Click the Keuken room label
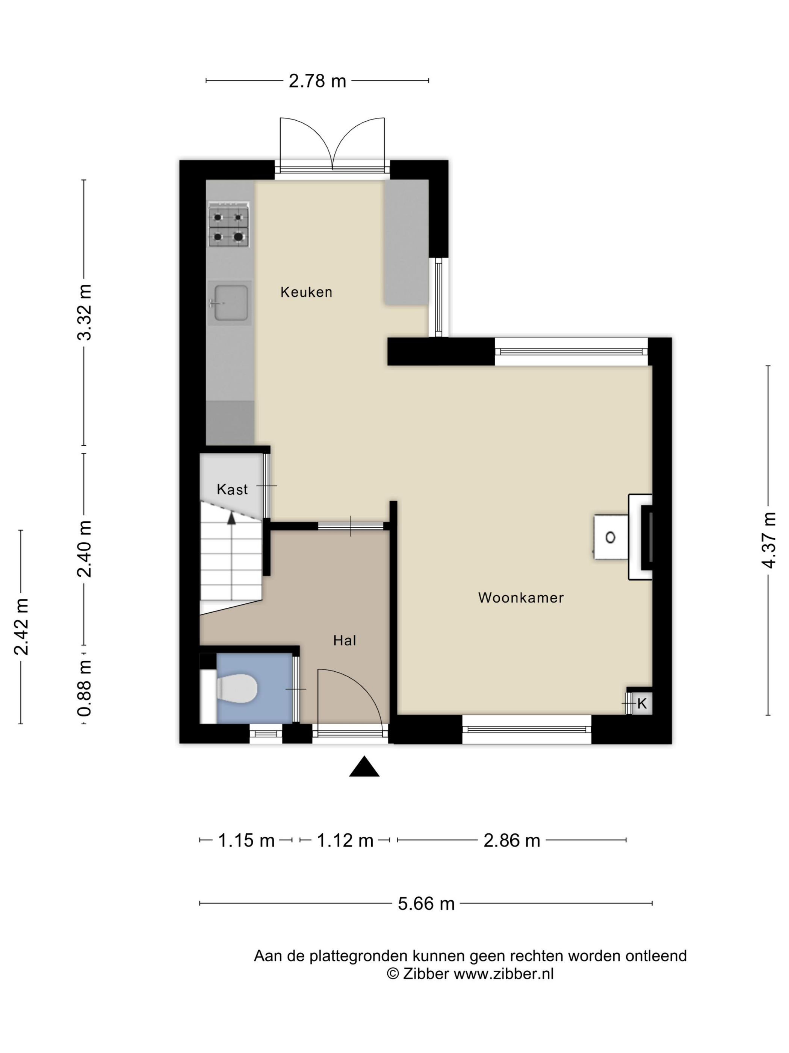[x=306, y=292]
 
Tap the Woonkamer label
[x=521, y=598]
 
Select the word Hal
[x=344, y=640]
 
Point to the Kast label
[x=232, y=489]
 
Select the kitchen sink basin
[x=230, y=303]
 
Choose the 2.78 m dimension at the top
[x=317, y=81]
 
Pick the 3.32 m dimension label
[x=84, y=312]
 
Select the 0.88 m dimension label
[x=84, y=688]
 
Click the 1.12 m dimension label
[x=345, y=840]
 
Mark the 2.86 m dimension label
[x=512, y=840]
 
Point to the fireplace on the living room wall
[x=640, y=537]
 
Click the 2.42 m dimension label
[x=21, y=627]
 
